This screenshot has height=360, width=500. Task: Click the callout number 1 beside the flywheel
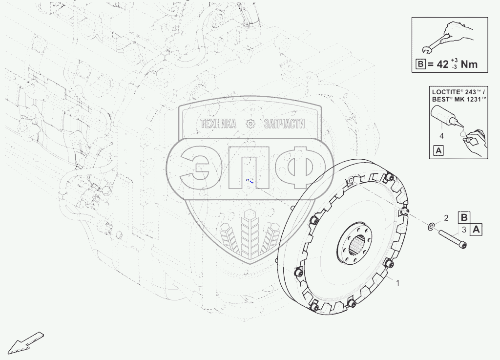(397, 283)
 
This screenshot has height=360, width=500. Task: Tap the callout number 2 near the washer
(446, 218)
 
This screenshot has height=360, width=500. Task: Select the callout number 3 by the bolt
(464, 229)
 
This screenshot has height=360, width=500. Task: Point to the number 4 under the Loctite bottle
(441, 136)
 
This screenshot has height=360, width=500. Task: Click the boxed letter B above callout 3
(464, 217)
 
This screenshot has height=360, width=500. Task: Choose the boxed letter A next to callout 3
(476, 229)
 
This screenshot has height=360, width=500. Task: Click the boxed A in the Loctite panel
(438, 150)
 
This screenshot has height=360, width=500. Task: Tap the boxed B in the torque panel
(420, 64)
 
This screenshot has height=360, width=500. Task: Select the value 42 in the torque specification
(442, 64)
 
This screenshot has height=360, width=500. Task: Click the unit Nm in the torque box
(469, 64)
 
